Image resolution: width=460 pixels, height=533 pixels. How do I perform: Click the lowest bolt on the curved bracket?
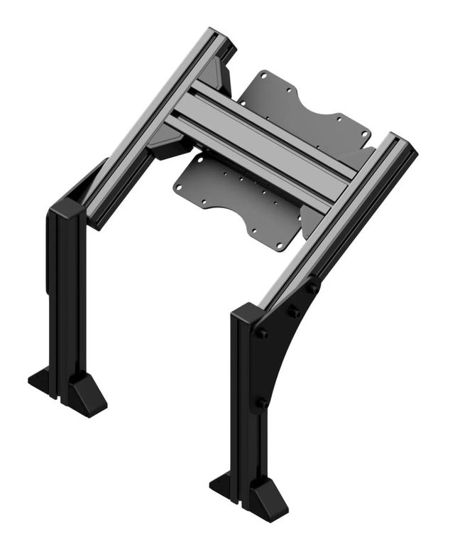click(263, 402)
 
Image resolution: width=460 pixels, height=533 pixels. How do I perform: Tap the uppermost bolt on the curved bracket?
click(312, 289)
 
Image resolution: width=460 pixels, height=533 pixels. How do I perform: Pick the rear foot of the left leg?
click(39, 377)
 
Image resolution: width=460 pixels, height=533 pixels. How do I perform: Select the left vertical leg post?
click(67, 298)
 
